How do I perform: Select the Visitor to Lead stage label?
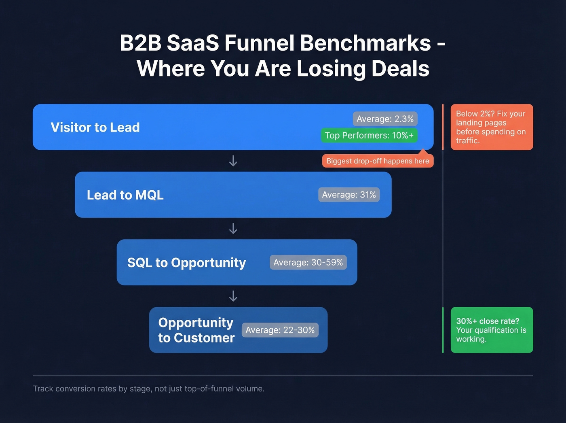[x=95, y=128]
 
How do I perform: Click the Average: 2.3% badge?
[x=385, y=119]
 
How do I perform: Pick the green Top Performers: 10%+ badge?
[x=369, y=135]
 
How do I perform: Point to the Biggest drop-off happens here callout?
[x=378, y=161]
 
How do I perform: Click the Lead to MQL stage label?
[x=125, y=195]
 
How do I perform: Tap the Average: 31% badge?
[x=349, y=195]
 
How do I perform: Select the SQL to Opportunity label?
[x=186, y=263]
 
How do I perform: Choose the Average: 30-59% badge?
[x=308, y=262]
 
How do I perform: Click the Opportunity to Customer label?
[x=196, y=330]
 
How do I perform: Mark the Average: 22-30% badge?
[x=280, y=330]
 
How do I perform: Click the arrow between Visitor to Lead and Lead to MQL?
[x=233, y=161]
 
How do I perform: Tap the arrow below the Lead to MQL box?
[x=233, y=229]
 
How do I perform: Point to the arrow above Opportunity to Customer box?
[x=233, y=296]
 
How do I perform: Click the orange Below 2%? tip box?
[x=492, y=127]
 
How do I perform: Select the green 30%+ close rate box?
[x=492, y=330]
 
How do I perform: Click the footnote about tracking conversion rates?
[x=148, y=389]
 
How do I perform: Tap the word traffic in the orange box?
[x=467, y=141]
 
